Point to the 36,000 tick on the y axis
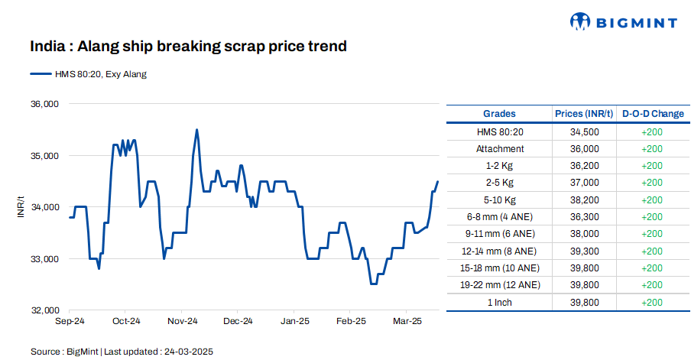coord(44,104)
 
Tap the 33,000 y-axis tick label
coord(44,259)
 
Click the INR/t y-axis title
coord(21,207)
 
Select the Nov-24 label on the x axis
coord(183,321)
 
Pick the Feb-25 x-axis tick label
coord(352,321)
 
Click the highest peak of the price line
coord(197,130)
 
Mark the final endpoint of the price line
coord(438,181)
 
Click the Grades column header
coord(500,114)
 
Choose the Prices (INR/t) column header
coord(584,114)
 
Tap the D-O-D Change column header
coord(652,114)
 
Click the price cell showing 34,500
coord(584,131)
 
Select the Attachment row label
coord(500,149)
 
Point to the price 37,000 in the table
coord(584,183)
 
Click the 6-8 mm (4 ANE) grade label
coord(500,217)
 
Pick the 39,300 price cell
coord(584,251)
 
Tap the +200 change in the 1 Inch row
coord(652,303)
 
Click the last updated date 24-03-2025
coord(187,352)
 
